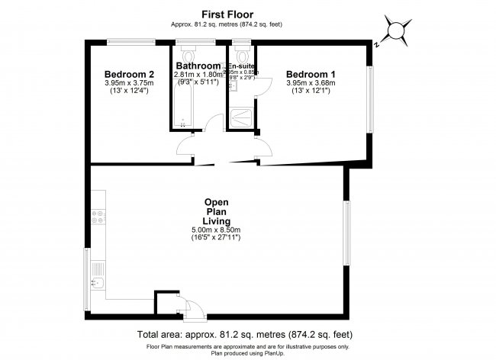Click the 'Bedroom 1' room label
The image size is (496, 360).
(x=311, y=74)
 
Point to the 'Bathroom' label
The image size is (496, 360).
(x=198, y=66)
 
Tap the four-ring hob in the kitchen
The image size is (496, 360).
(x=98, y=217)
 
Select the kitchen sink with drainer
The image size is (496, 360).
(x=97, y=276)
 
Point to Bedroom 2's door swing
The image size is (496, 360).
(x=185, y=146)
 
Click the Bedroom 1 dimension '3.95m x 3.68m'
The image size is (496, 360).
(x=311, y=83)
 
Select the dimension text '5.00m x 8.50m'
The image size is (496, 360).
(x=216, y=230)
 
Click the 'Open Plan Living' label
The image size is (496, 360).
(x=216, y=211)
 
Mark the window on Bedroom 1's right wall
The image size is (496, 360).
(x=369, y=99)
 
